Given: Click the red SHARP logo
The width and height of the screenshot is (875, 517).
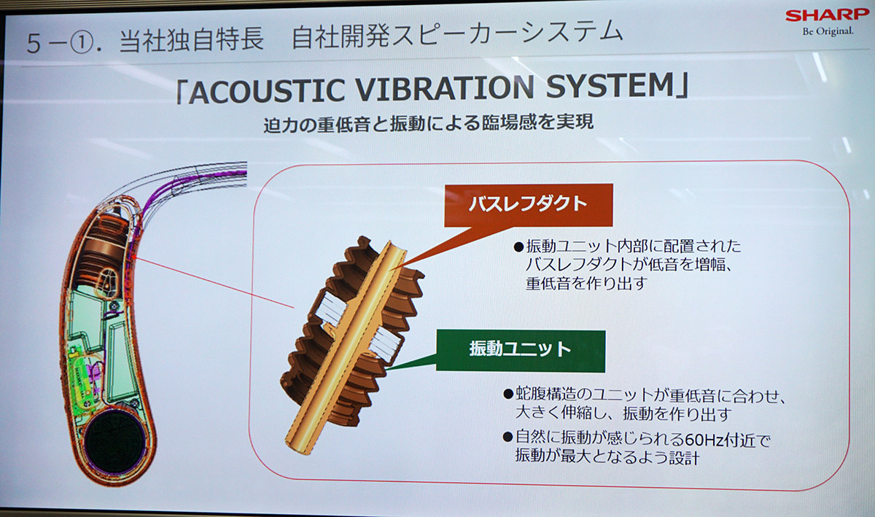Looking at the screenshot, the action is [x=827, y=15].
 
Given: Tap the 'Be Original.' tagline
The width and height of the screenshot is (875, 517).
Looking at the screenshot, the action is [x=828, y=31].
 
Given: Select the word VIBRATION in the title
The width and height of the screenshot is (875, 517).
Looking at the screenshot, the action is [x=446, y=88].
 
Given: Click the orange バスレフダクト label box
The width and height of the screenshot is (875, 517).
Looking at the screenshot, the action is [x=529, y=205].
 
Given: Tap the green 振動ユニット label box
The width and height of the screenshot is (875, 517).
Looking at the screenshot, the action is [x=521, y=350].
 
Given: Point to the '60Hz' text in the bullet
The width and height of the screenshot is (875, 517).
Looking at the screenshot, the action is [x=704, y=440].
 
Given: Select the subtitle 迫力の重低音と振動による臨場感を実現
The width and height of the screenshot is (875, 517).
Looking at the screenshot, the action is [x=429, y=124].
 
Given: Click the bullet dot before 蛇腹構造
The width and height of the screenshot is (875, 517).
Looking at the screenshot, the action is [x=507, y=394].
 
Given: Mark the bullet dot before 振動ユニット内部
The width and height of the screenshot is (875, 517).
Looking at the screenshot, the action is [x=518, y=247].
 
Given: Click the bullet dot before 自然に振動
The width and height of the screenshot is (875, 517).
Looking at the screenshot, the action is [x=507, y=437].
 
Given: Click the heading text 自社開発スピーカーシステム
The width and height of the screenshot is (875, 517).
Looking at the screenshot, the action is [x=457, y=34].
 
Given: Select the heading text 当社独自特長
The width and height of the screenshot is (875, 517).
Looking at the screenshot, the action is [x=191, y=40].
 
